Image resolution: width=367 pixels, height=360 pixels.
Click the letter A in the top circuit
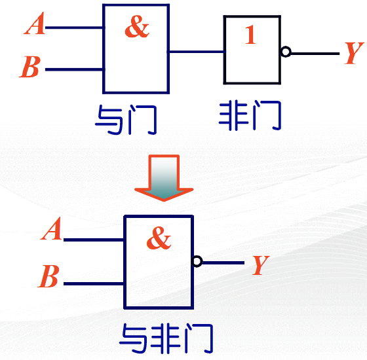click(35, 24)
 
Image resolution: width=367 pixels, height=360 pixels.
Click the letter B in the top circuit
click(30, 67)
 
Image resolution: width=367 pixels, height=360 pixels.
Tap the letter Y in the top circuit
click(354, 53)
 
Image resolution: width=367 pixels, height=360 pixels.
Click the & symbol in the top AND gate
click(137, 26)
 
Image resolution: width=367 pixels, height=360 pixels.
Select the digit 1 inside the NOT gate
click(250, 35)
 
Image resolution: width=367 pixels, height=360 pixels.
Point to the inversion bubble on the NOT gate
click(286, 52)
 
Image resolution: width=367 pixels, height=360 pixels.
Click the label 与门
click(126, 120)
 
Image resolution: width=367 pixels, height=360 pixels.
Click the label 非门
click(250, 115)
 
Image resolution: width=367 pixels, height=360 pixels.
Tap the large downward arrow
click(164, 177)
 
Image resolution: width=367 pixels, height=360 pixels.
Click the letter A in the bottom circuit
click(52, 228)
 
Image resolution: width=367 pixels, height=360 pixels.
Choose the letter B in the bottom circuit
click(48, 276)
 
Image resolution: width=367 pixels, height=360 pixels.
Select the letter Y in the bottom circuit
click(261, 265)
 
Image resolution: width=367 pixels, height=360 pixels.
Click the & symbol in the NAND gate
click(159, 238)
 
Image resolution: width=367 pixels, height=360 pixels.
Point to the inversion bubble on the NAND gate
click(197, 261)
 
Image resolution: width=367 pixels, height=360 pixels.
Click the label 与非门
click(166, 338)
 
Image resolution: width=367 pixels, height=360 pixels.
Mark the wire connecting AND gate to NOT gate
click(197, 52)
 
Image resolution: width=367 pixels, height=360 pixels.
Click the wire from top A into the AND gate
click(74, 27)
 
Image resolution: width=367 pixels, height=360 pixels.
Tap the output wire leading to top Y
click(315, 54)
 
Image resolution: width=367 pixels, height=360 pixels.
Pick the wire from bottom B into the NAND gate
click(94, 284)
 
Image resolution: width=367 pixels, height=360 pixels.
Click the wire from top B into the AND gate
click(74, 69)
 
